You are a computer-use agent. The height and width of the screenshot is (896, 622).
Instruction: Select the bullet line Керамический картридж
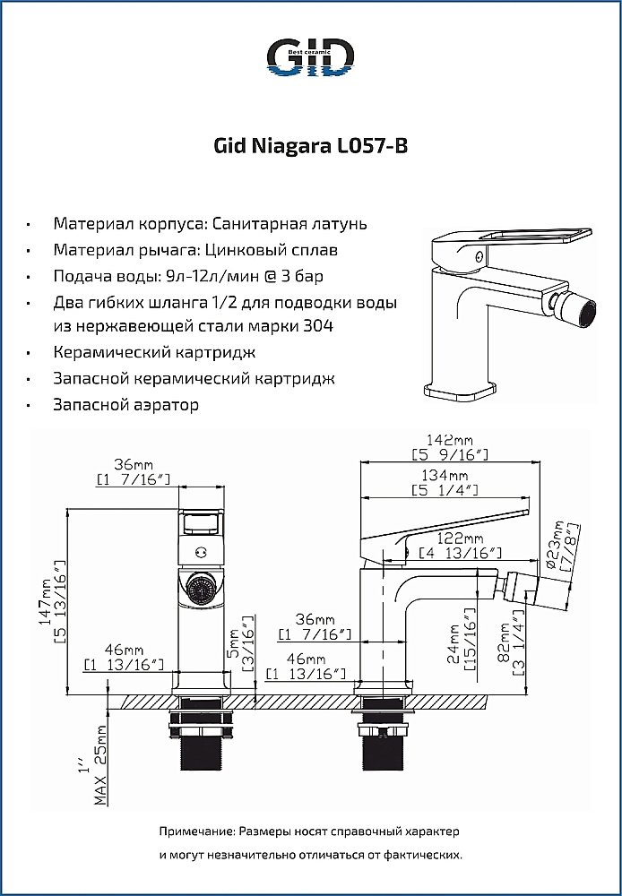pos(154,352)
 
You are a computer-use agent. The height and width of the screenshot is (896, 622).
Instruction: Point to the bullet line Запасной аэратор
pos(125,405)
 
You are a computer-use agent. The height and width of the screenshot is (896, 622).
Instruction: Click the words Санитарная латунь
pos(292,223)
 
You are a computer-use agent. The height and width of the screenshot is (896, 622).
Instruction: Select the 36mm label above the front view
pos(132,464)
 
